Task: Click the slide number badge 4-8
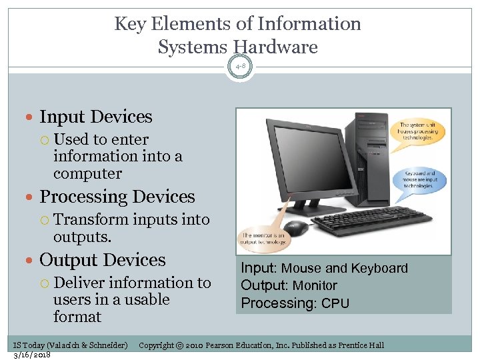(x=240, y=66)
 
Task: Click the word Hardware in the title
(x=275, y=47)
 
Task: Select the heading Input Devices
(x=96, y=117)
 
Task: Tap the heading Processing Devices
(x=117, y=197)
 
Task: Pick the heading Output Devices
(x=103, y=260)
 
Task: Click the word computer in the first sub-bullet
(x=87, y=173)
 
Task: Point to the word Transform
(x=91, y=219)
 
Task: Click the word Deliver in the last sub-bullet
(x=80, y=283)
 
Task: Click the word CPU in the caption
(x=335, y=303)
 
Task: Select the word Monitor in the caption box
(x=315, y=285)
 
